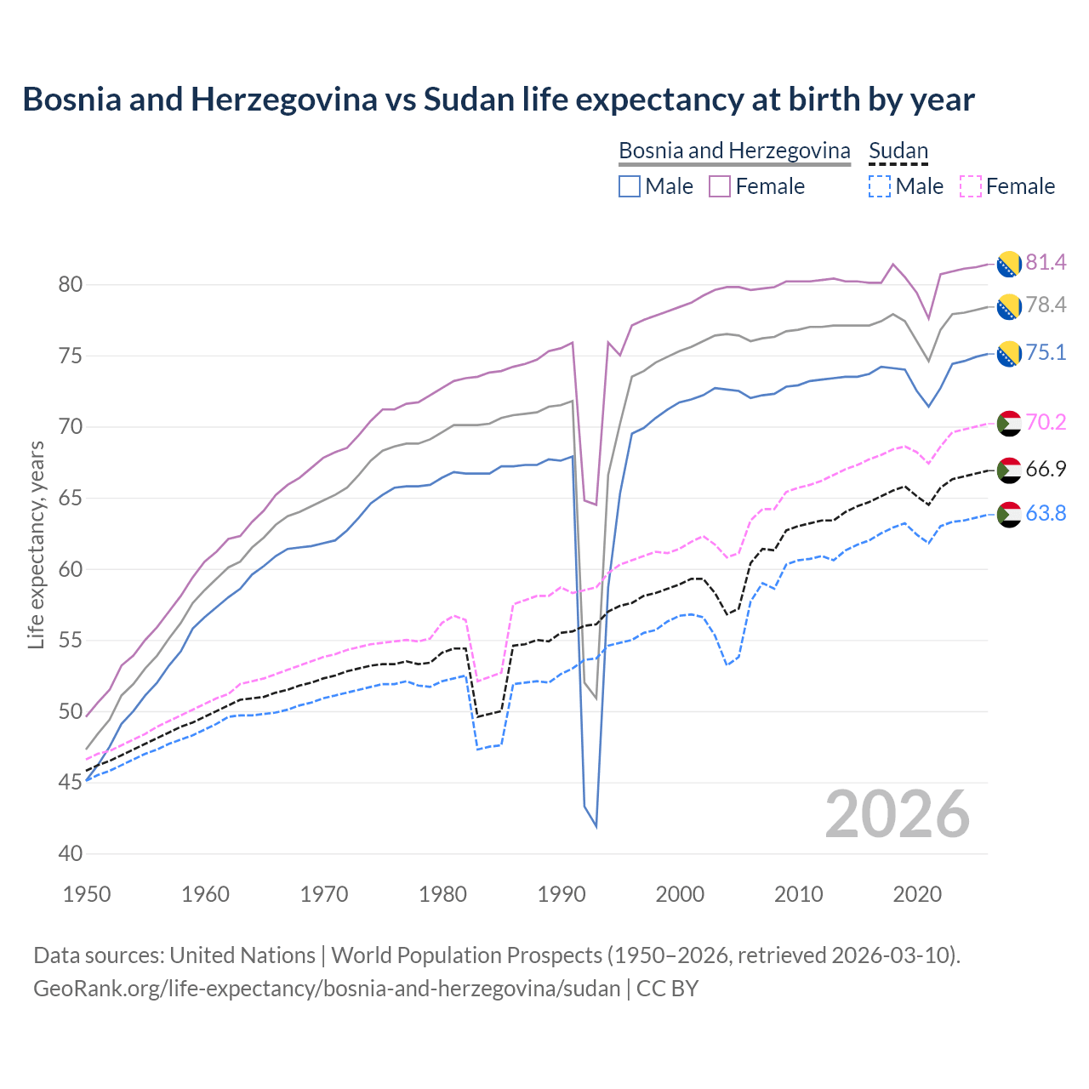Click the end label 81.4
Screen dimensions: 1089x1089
1046,262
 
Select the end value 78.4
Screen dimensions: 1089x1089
1046,305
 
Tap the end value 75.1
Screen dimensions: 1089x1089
1046,352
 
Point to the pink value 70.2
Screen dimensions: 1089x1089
1046,422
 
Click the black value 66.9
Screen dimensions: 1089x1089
1046,469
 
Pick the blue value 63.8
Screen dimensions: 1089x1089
1046,513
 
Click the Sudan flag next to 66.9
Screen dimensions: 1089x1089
1009,470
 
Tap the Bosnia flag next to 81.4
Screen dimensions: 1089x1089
1009,264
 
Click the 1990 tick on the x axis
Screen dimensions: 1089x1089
562,894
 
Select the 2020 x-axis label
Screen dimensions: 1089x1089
917,894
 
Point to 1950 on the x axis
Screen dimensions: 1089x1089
87,894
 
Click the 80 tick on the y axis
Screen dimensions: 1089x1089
70,284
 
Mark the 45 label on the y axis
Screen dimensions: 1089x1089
70,782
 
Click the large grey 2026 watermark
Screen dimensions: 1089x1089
898,814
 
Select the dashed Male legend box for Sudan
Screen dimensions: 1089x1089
880,186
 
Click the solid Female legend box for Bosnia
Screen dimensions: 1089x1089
720,186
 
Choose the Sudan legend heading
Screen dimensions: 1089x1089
898,151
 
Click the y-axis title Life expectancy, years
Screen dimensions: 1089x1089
36,544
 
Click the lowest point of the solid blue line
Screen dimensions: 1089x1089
596,826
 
